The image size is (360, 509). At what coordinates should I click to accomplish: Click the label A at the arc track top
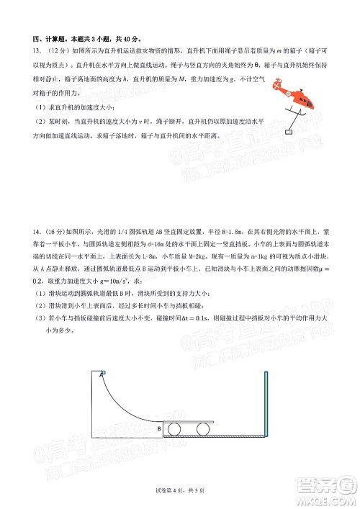tap(102, 375)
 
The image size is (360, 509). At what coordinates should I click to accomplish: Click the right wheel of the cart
tap(202, 430)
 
